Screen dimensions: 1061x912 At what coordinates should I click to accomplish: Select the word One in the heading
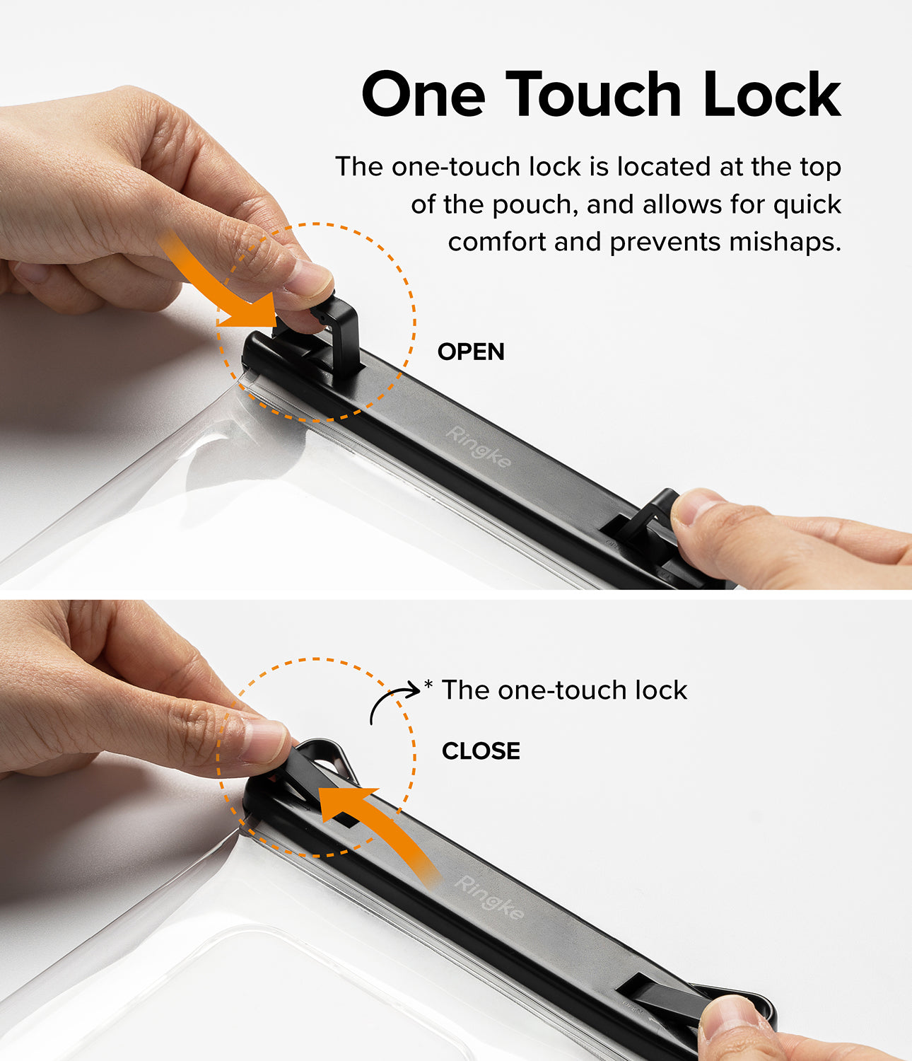pos(423,94)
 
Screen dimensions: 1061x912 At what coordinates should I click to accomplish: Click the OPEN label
pos(471,352)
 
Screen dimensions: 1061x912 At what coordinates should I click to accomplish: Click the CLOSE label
pos(481,750)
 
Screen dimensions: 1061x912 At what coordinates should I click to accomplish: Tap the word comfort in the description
pos(497,242)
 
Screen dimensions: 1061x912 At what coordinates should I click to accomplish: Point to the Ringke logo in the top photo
pos(478,446)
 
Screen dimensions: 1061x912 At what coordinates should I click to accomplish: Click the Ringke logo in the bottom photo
pos(489,897)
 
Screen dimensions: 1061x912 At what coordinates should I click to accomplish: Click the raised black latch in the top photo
pos(339,332)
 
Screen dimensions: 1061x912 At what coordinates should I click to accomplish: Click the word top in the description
pos(820,168)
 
